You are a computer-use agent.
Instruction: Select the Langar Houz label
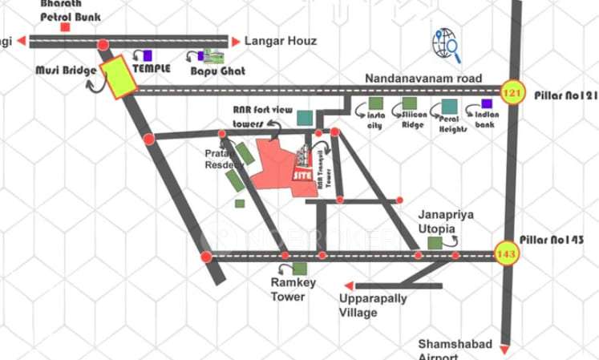[x=280, y=41]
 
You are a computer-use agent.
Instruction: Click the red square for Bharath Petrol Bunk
[x=65, y=27]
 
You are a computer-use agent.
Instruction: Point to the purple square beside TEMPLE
[x=147, y=55]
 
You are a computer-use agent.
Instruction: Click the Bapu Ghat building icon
[x=212, y=56]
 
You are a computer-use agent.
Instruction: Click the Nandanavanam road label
[x=423, y=79]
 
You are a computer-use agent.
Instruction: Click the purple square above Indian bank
[x=487, y=103]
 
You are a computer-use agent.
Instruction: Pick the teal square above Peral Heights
[x=449, y=106]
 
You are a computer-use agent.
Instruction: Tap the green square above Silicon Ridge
[x=410, y=103]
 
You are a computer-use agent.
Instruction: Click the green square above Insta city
[x=375, y=104]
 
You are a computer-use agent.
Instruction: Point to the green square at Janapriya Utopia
[x=435, y=243]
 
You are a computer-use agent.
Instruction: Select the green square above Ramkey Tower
[x=299, y=269]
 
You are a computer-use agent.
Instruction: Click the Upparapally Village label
[x=372, y=305]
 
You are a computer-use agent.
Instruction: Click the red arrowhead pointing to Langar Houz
[x=235, y=41]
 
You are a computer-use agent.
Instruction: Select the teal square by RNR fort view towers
[x=304, y=118]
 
